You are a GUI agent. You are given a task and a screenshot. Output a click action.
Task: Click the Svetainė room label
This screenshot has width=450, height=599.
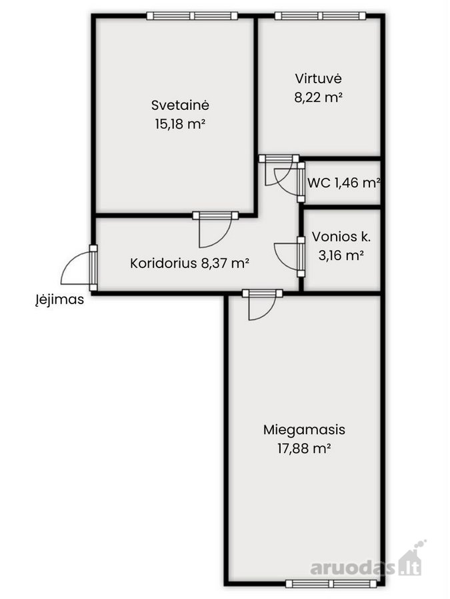click(x=180, y=104)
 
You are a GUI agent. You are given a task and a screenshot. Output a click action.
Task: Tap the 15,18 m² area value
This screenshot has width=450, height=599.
click(x=180, y=124)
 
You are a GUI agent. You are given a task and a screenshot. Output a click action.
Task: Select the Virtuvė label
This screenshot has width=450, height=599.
click(x=318, y=79)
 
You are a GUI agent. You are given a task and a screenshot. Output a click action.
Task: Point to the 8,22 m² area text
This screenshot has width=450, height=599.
click(x=318, y=97)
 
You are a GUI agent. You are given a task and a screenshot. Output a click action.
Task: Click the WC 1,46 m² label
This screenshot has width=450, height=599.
click(x=343, y=183)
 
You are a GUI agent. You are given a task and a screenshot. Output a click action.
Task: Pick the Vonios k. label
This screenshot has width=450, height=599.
click(x=341, y=236)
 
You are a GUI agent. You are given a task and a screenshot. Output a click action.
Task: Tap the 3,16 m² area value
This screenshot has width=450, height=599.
click(x=341, y=255)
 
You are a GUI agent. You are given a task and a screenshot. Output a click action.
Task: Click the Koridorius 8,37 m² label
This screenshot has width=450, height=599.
click(x=190, y=263)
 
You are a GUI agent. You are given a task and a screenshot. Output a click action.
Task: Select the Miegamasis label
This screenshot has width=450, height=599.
click(x=304, y=430)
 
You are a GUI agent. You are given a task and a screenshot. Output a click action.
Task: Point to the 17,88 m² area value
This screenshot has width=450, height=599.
click(x=304, y=449)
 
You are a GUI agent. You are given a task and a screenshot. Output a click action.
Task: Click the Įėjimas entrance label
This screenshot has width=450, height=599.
click(x=60, y=299)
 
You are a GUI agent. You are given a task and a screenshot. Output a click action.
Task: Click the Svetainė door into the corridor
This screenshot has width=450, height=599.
click(x=215, y=229)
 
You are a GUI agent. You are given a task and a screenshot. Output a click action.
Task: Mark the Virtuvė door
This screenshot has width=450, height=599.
click(x=279, y=169)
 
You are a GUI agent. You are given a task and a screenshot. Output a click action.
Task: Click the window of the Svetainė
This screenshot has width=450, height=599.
click(x=192, y=16)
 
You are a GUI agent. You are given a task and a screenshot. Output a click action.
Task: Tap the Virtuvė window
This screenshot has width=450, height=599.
click(x=320, y=16)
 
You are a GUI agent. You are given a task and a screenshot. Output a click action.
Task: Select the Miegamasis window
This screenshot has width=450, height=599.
click(x=331, y=584)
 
